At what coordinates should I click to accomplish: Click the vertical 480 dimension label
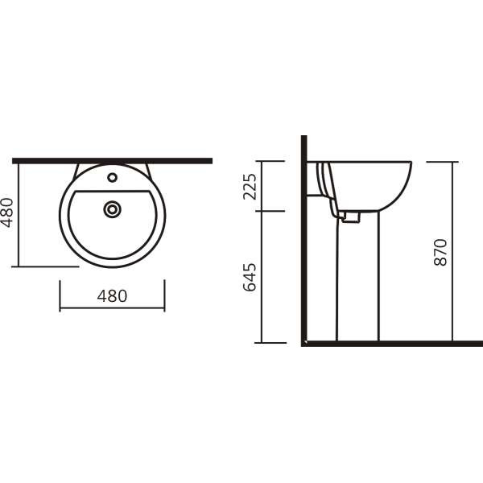tap(8, 213)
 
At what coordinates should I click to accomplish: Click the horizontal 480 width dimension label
tap(112, 296)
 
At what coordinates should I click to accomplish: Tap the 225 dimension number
tap(250, 187)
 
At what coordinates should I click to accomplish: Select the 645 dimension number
tap(250, 277)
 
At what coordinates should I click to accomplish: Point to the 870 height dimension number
tap(440, 252)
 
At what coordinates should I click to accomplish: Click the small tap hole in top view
tap(113, 177)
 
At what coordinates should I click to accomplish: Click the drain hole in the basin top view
tap(112, 209)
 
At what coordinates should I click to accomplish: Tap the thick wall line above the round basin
tap(112, 161)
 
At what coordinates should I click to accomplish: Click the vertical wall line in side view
tap(304, 239)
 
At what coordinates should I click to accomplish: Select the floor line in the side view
tap(392, 344)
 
